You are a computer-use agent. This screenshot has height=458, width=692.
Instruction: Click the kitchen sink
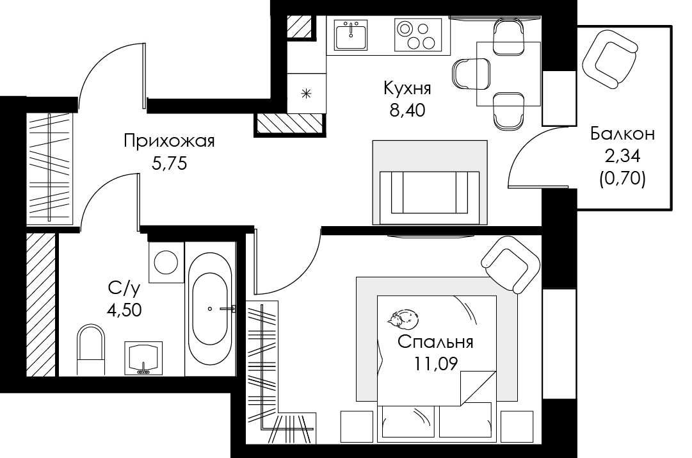pyautogui.click(x=351, y=35)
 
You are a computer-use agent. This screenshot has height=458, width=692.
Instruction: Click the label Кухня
pyautogui.click(x=407, y=88)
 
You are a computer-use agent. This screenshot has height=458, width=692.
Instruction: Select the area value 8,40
pyautogui.click(x=407, y=110)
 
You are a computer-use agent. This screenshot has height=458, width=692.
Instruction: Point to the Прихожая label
pyautogui.click(x=169, y=142)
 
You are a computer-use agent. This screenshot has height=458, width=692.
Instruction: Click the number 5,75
pyautogui.click(x=170, y=164)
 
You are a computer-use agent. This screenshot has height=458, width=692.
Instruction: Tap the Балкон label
pyautogui.click(x=623, y=133)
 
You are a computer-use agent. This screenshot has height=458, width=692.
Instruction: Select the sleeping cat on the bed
pyautogui.click(x=403, y=319)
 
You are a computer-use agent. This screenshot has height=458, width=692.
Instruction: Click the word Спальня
pyautogui.click(x=435, y=342)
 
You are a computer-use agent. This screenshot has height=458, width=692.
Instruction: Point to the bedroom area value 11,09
pyautogui.click(x=435, y=363)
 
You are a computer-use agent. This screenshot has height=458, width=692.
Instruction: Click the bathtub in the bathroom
pyautogui.click(x=210, y=309)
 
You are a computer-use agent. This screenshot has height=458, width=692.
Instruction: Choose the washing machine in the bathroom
pyautogui.click(x=166, y=263)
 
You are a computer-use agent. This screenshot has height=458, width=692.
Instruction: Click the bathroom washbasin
pyautogui.click(x=143, y=358)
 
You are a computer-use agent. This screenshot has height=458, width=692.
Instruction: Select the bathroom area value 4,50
pyautogui.click(x=124, y=310)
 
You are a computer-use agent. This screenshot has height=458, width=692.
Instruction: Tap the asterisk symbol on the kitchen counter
pyautogui.click(x=306, y=94)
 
